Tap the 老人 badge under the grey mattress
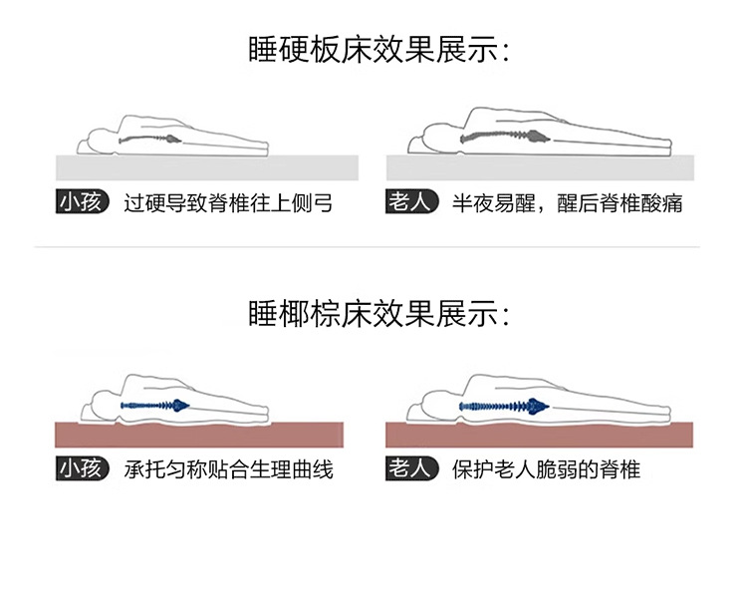tap(411, 203)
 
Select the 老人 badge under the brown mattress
tap(411, 467)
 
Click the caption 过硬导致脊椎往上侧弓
tap(228, 204)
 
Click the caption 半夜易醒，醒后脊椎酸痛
tap(567, 204)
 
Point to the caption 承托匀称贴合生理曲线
tap(228, 468)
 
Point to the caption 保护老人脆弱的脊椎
tap(546, 468)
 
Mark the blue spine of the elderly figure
tap(503, 406)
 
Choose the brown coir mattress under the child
tap(199, 435)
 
